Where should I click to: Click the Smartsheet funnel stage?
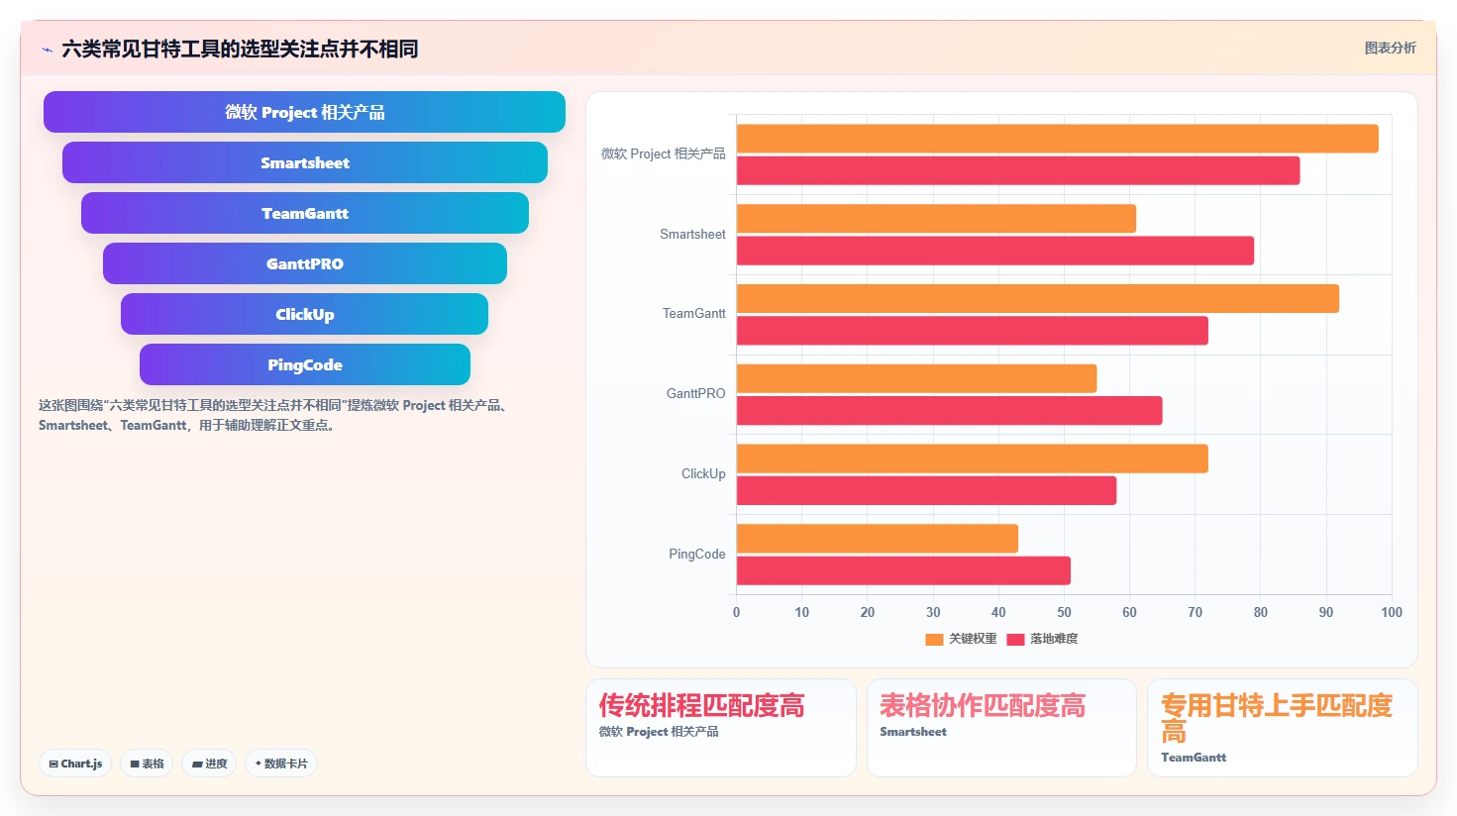(304, 162)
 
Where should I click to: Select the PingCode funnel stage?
(304, 364)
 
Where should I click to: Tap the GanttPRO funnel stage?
(304, 263)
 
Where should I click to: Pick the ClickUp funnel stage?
(304, 314)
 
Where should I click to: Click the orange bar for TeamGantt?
(1037, 298)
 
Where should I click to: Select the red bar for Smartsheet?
(995, 251)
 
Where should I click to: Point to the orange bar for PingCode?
(877, 539)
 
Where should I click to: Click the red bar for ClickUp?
(926, 490)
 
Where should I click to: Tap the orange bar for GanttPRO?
(916, 378)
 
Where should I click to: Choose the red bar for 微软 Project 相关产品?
(1018, 170)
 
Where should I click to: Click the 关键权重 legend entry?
(961, 639)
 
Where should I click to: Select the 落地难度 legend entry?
(1042, 639)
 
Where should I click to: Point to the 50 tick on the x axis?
(1064, 612)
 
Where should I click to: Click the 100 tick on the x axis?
(1392, 612)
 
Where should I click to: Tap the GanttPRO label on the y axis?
(695, 393)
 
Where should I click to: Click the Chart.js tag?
(75, 764)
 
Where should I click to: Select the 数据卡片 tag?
(281, 764)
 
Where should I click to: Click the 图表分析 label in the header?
(1390, 49)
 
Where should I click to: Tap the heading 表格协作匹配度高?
(983, 705)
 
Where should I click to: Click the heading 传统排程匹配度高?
(701, 705)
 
